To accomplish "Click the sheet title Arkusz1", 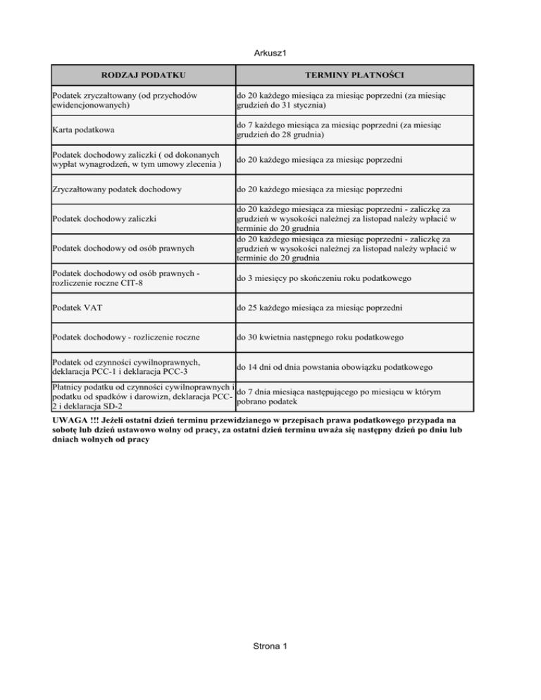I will [270, 52].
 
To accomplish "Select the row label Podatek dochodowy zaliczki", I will [106, 220].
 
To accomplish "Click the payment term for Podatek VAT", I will [320, 308].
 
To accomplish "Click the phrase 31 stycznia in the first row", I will [298, 106].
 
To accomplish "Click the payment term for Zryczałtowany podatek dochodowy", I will [320, 189].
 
